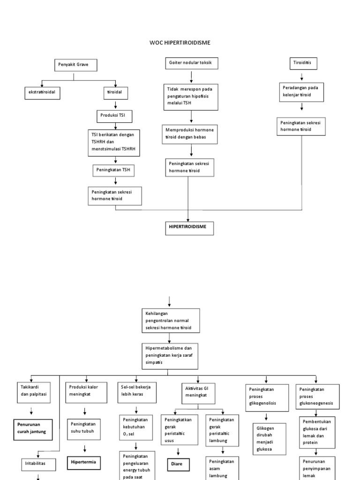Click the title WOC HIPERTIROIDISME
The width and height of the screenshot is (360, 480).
coord(180,43)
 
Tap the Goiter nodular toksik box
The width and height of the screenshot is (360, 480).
coord(191,63)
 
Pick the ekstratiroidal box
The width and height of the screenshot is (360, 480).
coord(43,92)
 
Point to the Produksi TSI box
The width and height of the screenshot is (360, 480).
coord(114,115)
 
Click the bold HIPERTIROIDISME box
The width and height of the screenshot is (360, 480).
coord(187,228)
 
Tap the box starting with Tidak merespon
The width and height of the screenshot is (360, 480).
coord(191,97)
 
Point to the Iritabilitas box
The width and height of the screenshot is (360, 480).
coord(37,464)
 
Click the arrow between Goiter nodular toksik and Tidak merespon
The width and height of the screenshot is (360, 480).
coord(191,76)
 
